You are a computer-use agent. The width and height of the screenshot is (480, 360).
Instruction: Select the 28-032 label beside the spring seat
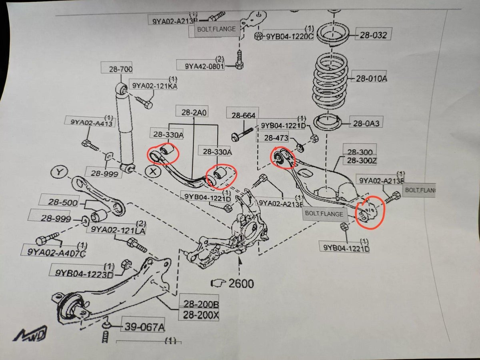point(373,35)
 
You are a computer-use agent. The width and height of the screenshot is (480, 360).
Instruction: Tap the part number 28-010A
point(371,78)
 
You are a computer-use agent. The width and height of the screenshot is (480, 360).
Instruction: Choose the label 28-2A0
point(194,113)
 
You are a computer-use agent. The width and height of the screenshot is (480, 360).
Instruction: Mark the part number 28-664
point(242,115)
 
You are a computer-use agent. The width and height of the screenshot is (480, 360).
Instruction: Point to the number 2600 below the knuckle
point(241,284)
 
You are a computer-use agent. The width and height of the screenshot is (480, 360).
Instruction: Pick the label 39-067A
point(144,328)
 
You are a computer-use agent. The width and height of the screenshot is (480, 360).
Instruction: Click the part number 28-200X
point(200,316)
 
